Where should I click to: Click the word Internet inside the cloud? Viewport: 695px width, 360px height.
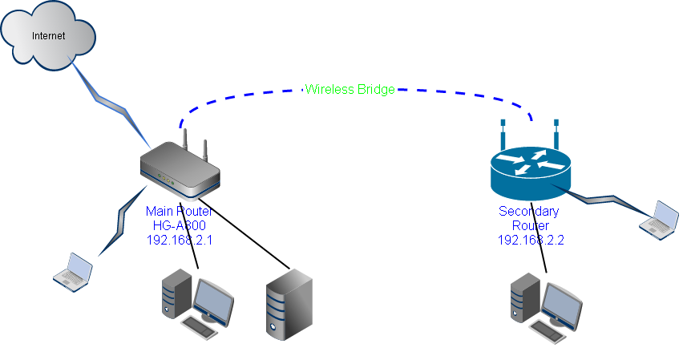[48, 36]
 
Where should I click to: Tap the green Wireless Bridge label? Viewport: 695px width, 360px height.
[350, 90]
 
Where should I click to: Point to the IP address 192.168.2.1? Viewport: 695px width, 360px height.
[179, 240]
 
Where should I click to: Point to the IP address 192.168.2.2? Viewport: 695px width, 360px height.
[530, 240]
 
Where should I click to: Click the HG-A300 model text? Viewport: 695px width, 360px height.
[179, 225]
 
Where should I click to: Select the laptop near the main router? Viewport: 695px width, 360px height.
[73, 269]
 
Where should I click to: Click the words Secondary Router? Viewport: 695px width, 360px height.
[530, 218]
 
